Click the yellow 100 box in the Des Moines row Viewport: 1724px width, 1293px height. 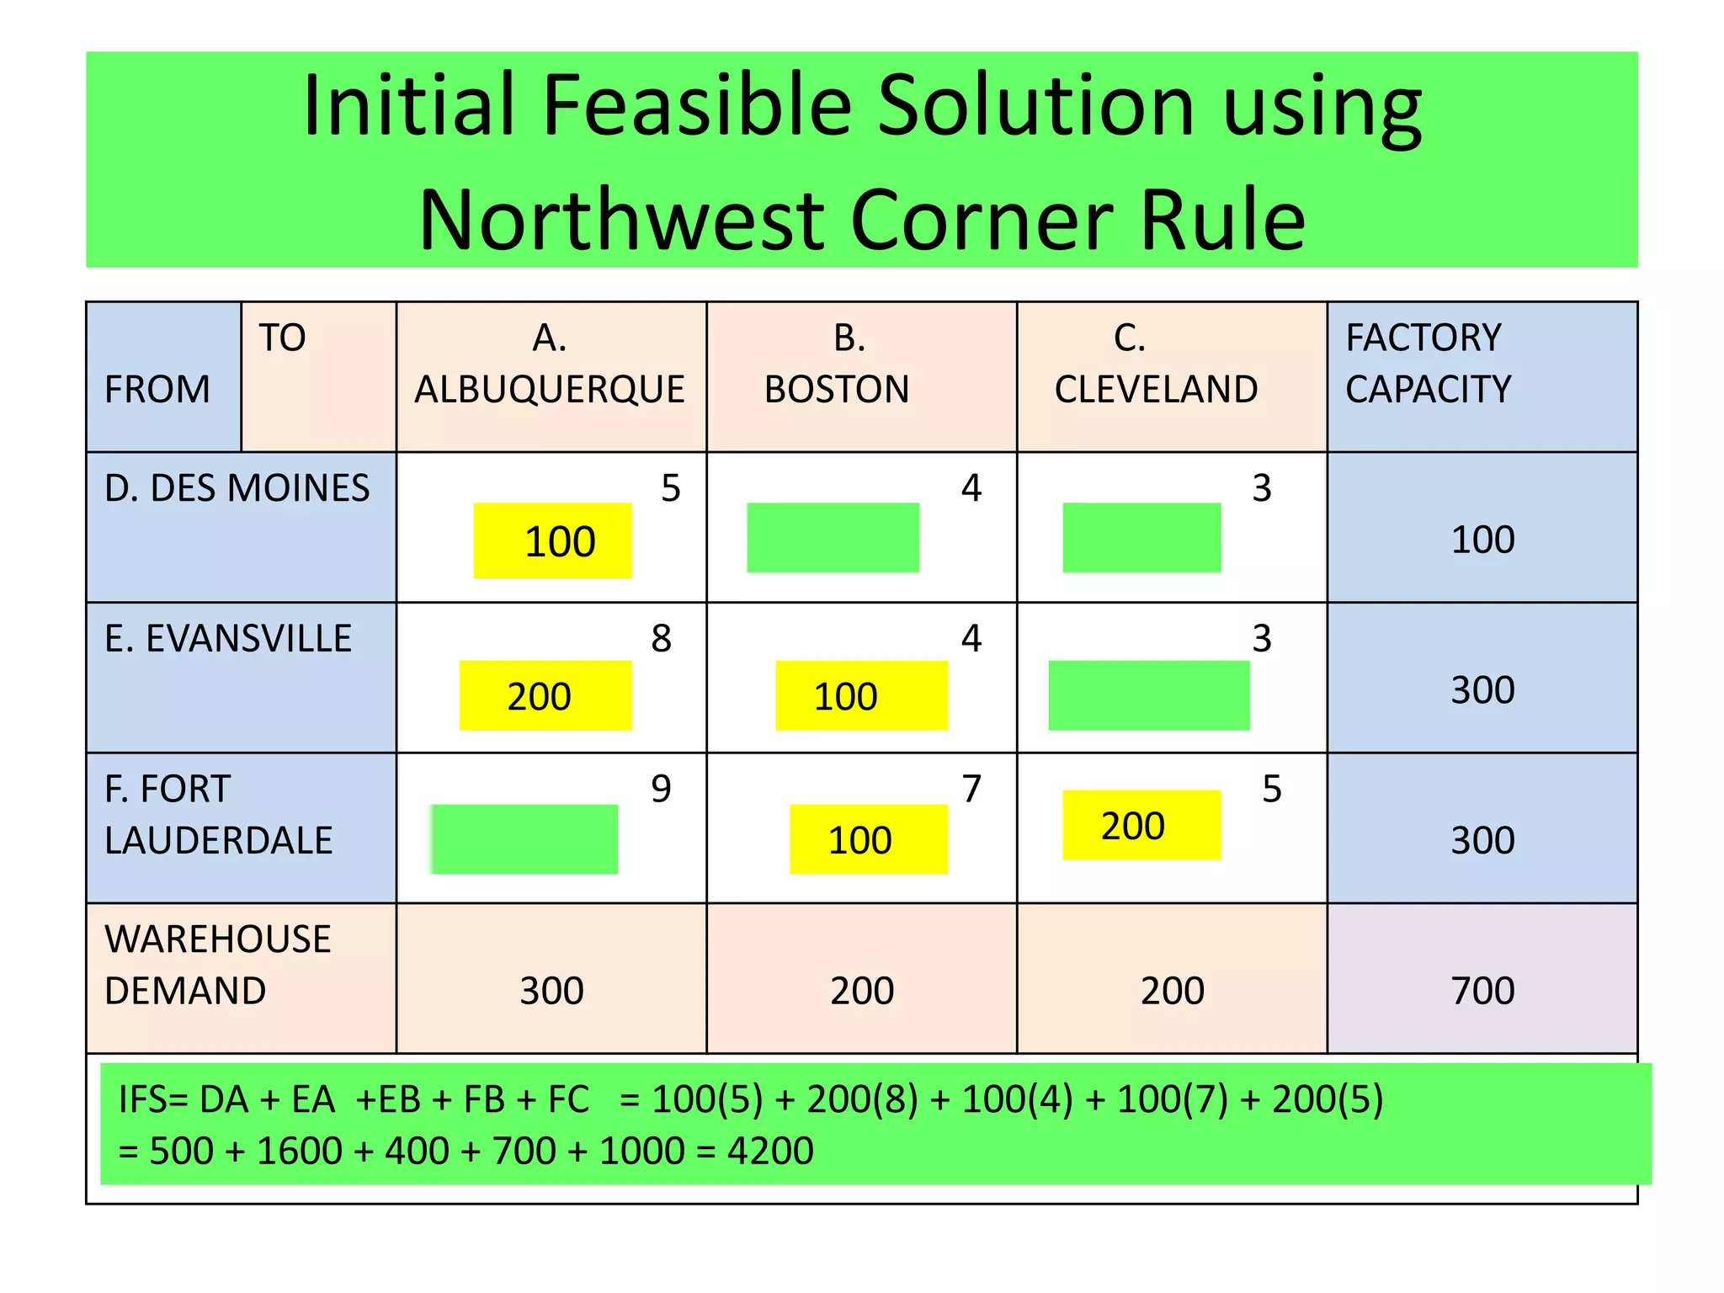point(552,540)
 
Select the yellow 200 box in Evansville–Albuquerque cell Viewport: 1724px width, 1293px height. point(545,695)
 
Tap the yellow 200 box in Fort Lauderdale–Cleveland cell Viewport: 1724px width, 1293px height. point(1141,825)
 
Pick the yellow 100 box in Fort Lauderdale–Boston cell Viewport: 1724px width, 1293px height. point(868,839)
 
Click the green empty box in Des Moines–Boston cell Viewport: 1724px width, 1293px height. point(833,537)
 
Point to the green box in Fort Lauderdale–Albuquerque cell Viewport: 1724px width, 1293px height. point(524,838)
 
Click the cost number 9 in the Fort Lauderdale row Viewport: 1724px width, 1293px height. point(661,789)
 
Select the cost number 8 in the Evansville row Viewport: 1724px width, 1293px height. point(661,638)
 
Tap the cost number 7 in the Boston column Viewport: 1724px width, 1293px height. point(971,789)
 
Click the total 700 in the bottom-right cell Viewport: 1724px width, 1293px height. point(1482,990)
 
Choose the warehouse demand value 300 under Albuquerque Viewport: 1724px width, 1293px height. point(551,990)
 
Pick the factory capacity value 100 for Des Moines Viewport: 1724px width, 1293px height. point(1482,540)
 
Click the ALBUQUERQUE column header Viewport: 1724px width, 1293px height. point(550,389)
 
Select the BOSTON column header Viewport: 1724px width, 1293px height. point(837,389)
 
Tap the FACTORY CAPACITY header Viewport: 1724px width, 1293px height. point(1428,364)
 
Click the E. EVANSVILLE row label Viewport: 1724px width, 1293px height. point(228,639)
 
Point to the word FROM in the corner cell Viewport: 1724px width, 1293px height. point(157,389)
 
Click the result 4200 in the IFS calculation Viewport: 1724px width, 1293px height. point(770,1151)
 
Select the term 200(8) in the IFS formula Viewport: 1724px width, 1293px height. point(862,1099)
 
